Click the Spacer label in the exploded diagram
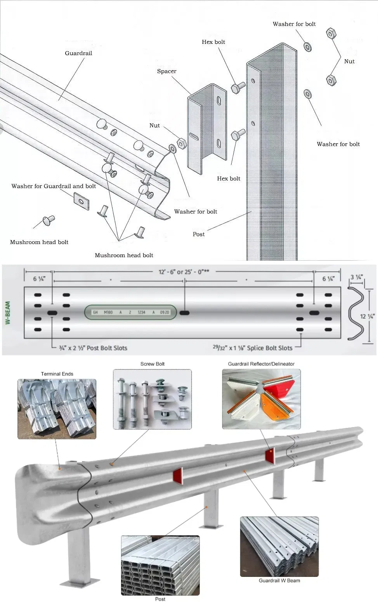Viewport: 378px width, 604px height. (166, 71)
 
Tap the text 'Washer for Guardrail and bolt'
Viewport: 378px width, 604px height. (54, 186)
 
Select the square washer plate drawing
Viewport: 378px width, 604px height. (81, 201)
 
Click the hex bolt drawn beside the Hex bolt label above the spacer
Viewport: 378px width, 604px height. (238, 87)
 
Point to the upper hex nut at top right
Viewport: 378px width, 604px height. (331, 33)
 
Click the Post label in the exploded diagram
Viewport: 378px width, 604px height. (198, 234)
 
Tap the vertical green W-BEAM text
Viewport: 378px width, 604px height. (8, 313)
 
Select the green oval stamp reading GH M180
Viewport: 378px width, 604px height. (131, 312)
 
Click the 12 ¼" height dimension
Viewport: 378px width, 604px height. (367, 316)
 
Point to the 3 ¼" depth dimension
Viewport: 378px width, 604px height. (356, 277)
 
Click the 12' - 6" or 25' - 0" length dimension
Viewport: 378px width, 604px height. (184, 272)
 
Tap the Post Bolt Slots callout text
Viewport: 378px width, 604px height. (93, 348)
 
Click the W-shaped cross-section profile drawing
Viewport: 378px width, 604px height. (356, 313)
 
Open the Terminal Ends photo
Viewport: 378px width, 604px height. (57, 409)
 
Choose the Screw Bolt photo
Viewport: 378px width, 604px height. (152, 399)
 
